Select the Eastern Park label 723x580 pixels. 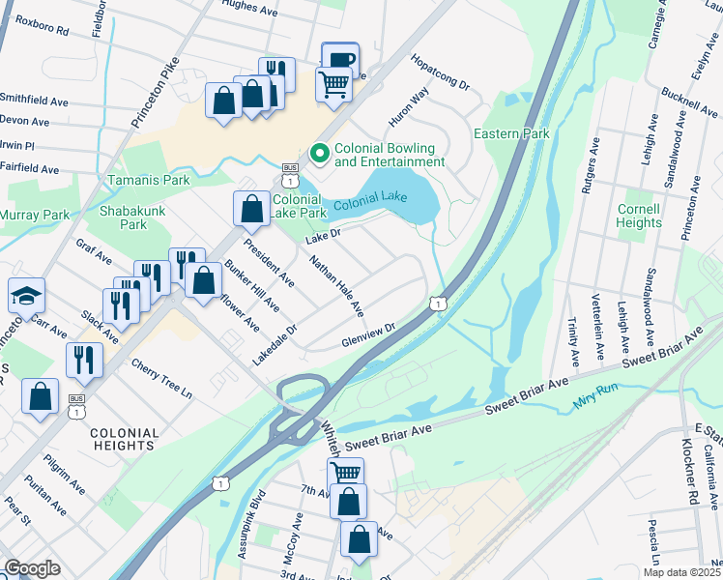click(x=510, y=133)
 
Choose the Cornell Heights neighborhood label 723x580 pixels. click(x=639, y=216)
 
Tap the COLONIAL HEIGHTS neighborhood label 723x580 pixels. click(x=124, y=439)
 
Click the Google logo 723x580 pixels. click(x=32, y=568)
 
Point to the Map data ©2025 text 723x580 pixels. click(x=681, y=572)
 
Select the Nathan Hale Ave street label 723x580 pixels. click(x=336, y=286)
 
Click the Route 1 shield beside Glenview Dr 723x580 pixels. click(x=439, y=304)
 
